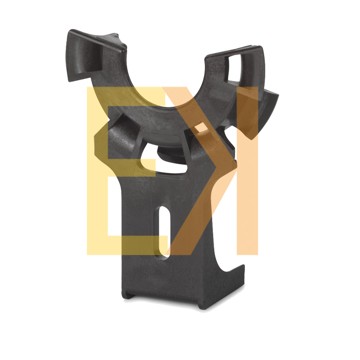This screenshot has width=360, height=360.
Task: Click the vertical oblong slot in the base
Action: pyautogui.click(x=164, y=232)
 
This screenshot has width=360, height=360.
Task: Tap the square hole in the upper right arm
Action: pyautogui.click(x=232, y=68)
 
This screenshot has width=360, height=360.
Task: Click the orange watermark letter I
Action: pyautogui.click(x=247, y=171)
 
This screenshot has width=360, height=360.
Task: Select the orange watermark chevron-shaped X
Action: pyautogui.click(x=200, y=171)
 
